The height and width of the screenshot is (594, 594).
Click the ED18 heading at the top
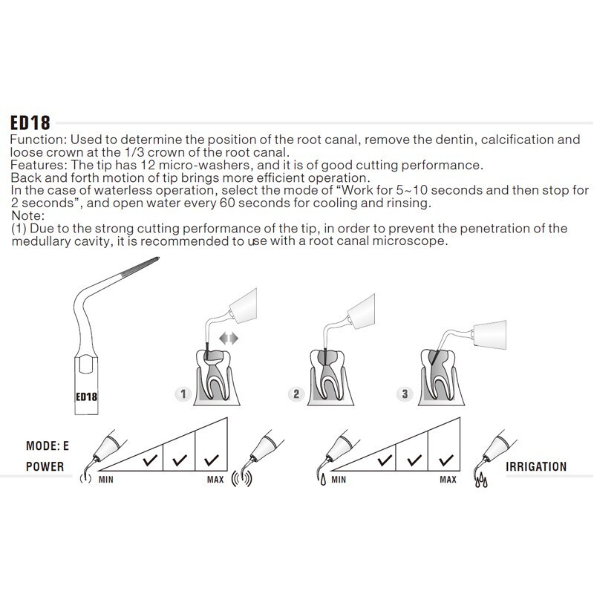30,123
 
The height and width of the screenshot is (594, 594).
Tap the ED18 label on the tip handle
86,396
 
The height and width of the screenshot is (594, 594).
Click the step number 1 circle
183,394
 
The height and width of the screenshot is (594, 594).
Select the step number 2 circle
296,394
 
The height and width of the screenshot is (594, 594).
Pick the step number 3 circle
405,394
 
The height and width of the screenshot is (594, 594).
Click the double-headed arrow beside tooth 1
229,339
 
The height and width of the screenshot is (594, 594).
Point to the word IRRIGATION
536,466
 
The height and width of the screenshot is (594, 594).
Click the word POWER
45,466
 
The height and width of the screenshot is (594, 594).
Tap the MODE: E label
48,446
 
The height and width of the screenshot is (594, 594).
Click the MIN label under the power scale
106,480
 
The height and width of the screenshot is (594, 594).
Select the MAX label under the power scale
215,480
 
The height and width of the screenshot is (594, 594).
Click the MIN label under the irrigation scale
339,480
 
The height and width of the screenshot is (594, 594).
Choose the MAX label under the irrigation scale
448,480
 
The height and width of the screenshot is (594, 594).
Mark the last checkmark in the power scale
212,460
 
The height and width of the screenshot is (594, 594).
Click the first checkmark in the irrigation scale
385,460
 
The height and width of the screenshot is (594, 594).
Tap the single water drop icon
323,480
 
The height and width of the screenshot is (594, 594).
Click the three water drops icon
481,480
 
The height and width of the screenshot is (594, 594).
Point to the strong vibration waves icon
242,478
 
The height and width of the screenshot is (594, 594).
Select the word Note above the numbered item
27,215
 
